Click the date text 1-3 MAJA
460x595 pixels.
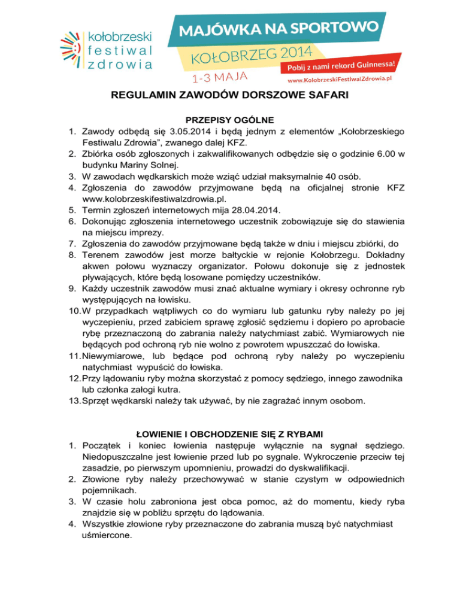(219, 77)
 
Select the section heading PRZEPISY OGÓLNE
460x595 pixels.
(229, 120)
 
